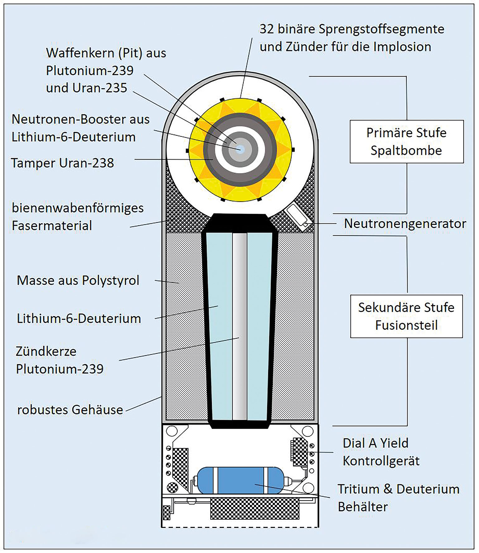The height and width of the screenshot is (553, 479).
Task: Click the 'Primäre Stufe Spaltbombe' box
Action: (406, 141)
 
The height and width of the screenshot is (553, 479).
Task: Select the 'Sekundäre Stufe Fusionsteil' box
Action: (406, 316)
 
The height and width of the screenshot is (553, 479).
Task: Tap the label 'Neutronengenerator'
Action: (405, 223)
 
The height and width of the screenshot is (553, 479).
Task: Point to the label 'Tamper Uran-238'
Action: (62, 163)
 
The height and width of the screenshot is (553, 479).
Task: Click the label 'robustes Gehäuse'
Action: (70, 409)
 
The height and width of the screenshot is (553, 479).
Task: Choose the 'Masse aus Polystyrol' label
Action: (78, 280)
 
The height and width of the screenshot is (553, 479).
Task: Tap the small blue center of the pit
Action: (240, 149)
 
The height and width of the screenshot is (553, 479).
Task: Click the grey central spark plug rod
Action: (240, 326)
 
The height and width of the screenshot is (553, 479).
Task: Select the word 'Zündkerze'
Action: (46, 351)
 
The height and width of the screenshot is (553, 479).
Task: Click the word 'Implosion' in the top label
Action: (402, 47)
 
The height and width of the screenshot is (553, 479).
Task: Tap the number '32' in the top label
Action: (267, 29)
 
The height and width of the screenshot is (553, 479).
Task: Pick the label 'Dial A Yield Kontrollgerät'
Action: (381, 452)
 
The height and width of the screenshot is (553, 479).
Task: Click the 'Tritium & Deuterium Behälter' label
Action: (399, 498)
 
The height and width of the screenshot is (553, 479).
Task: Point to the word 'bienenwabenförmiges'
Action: (78, 208)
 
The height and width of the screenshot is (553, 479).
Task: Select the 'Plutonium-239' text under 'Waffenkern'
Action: (90, 71)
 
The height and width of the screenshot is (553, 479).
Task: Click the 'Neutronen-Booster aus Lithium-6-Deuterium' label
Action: (80, 128)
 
